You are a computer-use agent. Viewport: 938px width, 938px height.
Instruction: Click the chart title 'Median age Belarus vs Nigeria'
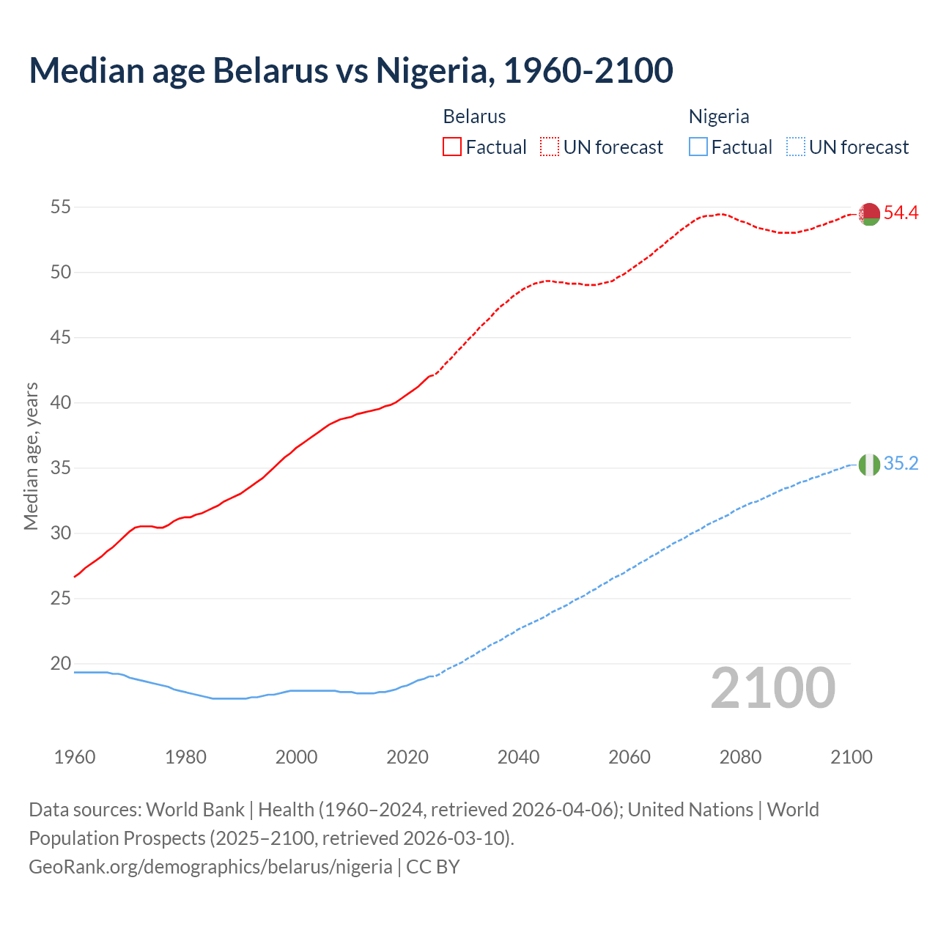350,70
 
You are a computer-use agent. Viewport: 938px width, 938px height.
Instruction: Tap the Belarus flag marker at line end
869,214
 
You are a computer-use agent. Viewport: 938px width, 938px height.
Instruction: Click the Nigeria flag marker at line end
869,465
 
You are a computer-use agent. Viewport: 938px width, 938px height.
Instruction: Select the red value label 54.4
901,213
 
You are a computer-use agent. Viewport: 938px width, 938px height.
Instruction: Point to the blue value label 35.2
901,464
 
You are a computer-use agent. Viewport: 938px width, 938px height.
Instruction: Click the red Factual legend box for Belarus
452,147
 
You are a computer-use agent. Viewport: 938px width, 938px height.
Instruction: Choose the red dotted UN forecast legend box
550,147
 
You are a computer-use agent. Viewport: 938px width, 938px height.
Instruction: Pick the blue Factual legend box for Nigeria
698,147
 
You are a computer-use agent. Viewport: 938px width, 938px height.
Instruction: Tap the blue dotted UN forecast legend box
795,147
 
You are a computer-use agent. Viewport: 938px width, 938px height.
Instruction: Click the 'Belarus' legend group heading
474,117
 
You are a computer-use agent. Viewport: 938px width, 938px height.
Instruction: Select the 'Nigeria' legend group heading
719,117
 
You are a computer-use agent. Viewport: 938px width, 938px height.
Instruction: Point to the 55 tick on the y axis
60,207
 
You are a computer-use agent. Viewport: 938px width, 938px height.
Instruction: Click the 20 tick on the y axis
60,664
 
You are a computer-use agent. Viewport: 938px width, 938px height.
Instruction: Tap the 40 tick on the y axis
60,403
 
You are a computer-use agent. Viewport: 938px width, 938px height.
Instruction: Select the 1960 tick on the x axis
75,757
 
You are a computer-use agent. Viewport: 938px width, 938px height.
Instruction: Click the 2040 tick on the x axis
518,757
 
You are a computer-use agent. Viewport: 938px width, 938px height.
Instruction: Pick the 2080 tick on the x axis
740,757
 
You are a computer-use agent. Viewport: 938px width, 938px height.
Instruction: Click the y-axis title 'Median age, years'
31,456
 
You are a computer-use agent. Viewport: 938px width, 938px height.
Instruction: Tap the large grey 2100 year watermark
773,687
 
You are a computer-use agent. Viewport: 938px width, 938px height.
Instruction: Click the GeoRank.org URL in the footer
210,867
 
